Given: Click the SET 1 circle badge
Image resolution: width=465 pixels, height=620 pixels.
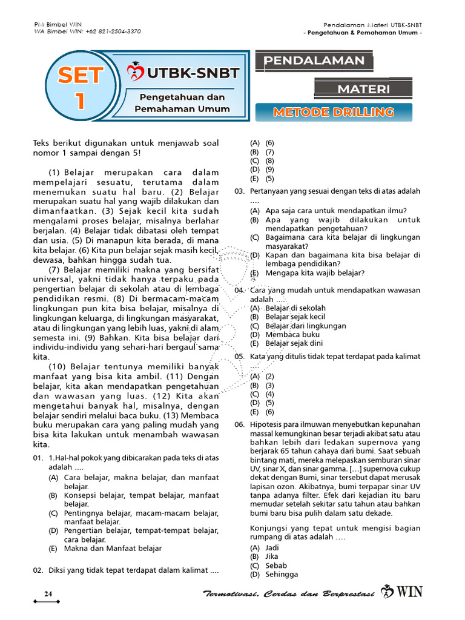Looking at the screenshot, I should point(80,88).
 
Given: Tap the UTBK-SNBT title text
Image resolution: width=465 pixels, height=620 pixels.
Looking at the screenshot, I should point(192,73).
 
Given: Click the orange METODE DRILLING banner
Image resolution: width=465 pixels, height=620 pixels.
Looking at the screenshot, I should point(334,112).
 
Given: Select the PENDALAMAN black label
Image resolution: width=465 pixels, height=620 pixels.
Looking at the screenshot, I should point(314,61).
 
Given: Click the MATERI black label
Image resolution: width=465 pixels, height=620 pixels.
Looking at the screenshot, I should point(363,89).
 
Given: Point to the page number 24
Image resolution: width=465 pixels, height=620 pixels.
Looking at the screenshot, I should point(48,593).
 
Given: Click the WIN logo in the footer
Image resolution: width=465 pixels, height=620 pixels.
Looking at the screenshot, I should point(403,592).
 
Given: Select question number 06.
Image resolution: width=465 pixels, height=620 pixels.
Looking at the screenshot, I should point(239,426).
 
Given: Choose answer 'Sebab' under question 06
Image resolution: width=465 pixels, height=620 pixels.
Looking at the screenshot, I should point(276,566).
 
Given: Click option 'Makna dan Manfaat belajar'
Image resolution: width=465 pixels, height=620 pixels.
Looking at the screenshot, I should point(113,549).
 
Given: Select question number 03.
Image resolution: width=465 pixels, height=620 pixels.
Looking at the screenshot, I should point(239,191).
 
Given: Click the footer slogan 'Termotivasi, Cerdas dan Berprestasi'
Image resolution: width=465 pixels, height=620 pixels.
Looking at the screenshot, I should point(288,593).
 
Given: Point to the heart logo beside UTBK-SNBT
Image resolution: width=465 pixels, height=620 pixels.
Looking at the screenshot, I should point(134,73).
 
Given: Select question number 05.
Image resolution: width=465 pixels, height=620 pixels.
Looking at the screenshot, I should point(239,357).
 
